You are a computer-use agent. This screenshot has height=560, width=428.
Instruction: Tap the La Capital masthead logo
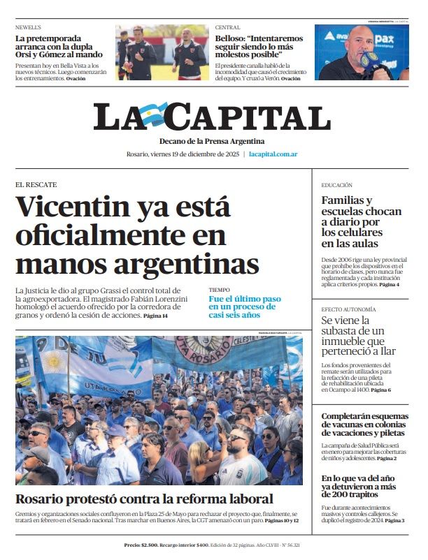tap(212, 117)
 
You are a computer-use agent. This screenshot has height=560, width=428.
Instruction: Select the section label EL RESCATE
tap(36, 184)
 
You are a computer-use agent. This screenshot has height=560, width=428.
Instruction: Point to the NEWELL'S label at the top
tap(29, 27)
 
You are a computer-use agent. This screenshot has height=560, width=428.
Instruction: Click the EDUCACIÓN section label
tap(337, 185)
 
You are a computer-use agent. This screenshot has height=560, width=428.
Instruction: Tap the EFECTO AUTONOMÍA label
tap(348, 309)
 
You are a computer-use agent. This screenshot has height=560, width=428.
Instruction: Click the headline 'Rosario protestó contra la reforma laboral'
tap(144, 499)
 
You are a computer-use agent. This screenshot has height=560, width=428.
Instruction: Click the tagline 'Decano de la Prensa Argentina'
tap(211, 141)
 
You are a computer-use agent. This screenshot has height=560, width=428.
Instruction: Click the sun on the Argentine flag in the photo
tap(54, 362)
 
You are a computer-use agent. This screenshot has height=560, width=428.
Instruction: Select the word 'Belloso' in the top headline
tap(234, 38)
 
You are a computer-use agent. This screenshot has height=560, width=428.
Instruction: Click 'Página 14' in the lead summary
tap(155, 316)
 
